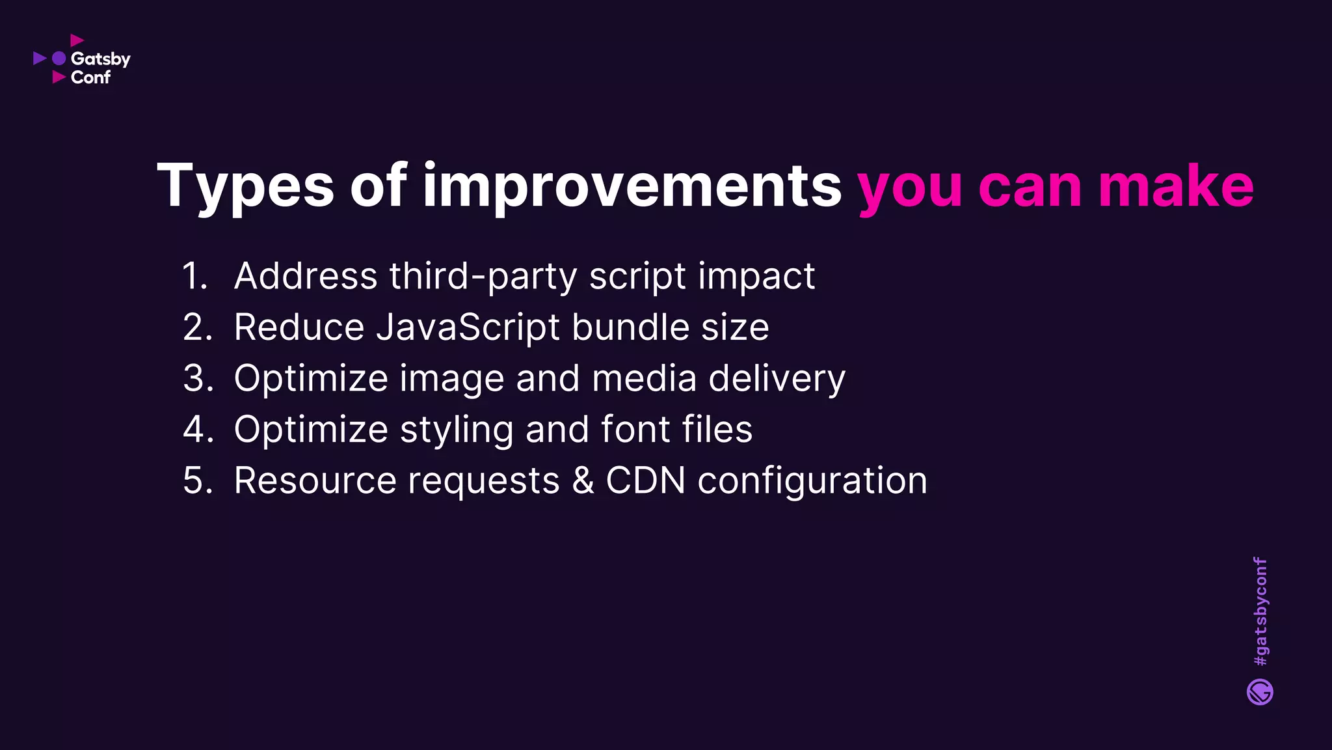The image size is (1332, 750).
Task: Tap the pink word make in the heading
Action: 1176,187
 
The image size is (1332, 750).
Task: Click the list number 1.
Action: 194,276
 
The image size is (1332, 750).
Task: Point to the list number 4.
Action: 198,430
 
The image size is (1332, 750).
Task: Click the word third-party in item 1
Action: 483,276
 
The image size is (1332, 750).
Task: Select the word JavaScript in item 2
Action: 468,327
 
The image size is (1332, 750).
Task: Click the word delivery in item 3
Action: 777,379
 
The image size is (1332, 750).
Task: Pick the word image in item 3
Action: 451,379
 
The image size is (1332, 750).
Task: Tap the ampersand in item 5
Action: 583,481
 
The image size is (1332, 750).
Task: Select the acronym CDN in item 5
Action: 645,481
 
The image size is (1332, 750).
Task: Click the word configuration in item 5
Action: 812,481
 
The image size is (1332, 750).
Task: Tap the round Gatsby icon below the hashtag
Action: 1260,692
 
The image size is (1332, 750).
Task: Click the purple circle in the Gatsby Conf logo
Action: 59,59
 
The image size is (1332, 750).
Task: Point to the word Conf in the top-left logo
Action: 90,77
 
